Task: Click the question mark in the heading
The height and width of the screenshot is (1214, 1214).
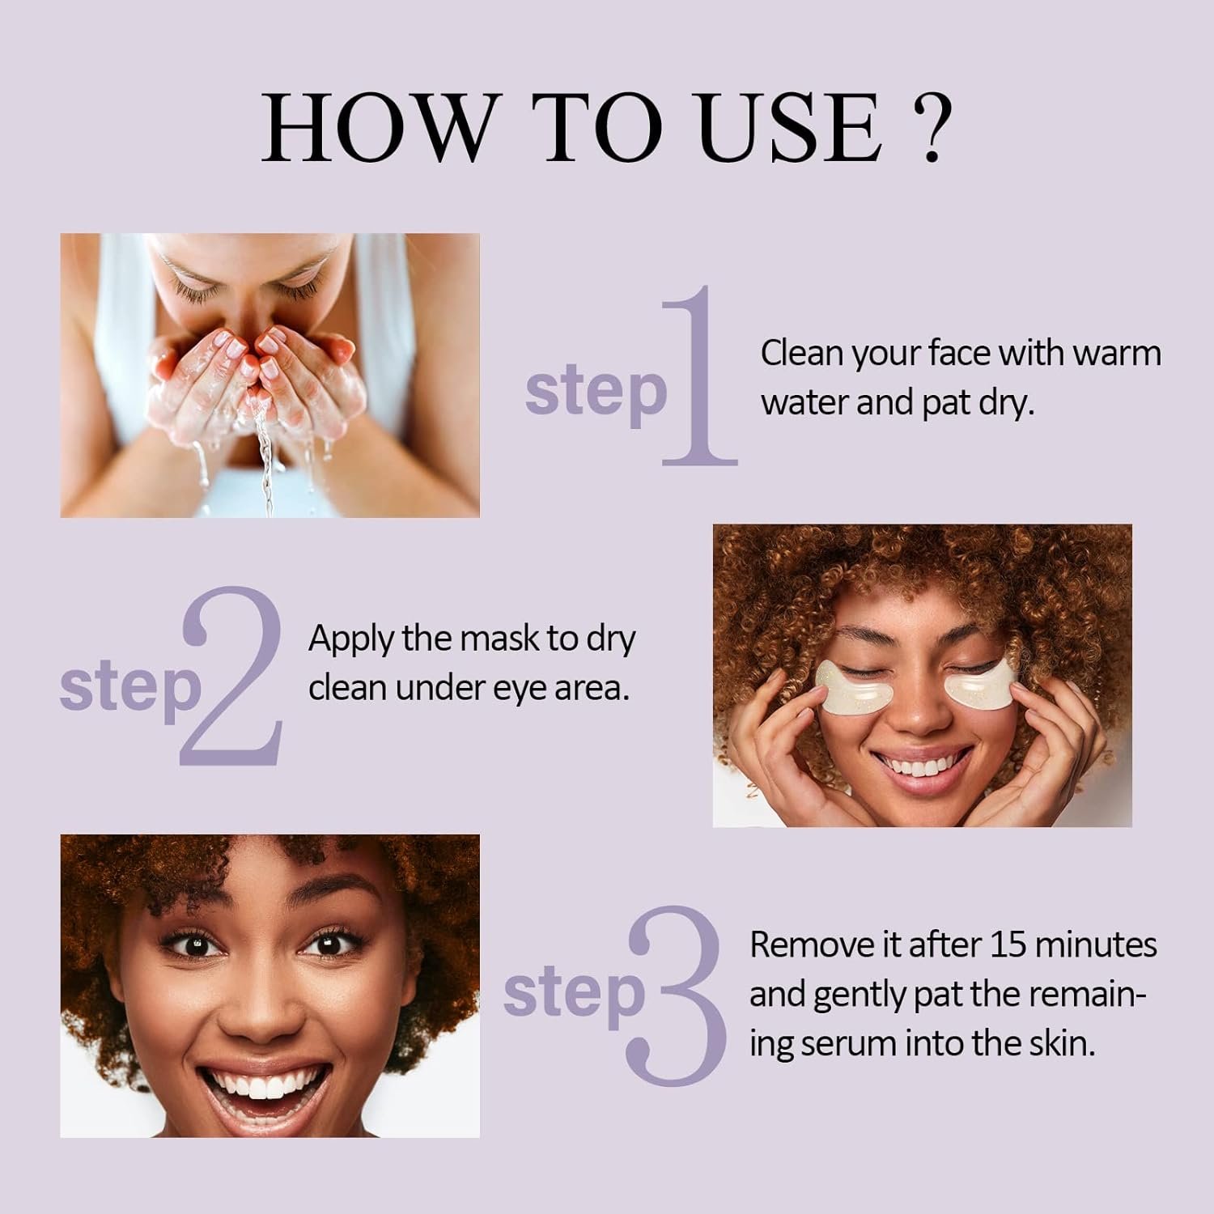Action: [930, 129]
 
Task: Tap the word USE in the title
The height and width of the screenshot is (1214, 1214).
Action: [790, 129]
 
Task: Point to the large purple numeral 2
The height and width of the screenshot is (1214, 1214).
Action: [231, 677]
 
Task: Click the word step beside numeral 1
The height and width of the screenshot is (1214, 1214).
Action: [596, 393]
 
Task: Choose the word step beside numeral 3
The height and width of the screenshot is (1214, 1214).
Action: [574, 995]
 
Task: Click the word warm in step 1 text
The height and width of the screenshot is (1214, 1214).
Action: [1117, 353]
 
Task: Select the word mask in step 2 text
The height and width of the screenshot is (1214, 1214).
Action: [499, 639]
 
